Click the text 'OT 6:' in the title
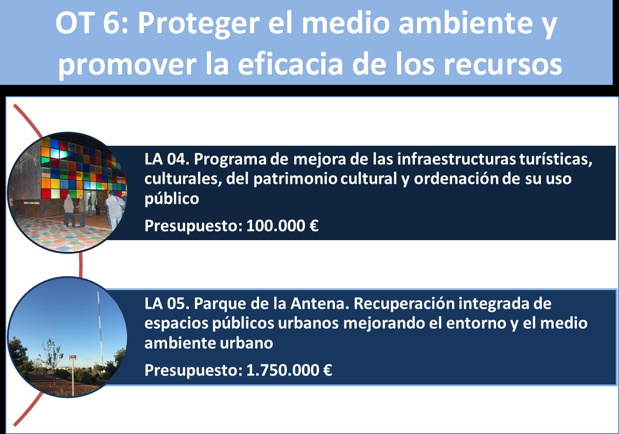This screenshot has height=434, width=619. point(92,23)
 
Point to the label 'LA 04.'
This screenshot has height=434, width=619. point(167,159)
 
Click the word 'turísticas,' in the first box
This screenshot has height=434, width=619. point(556,159)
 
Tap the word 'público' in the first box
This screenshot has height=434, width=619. point(172,198)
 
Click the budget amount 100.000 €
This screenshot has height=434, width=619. point(282,226)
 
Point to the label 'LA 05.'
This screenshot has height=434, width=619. point(167,304)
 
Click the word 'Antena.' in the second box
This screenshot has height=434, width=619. point(320,304)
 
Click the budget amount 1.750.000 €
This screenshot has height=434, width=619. point(289,370)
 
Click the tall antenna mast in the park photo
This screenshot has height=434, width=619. point(100,326)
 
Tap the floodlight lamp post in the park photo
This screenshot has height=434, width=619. point(73,375)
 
